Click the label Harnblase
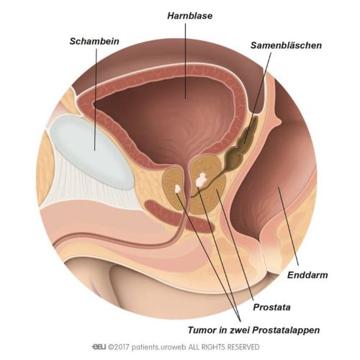[x=190, y=16]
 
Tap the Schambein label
[x=94, y=41]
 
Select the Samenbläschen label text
[x=286, y=45]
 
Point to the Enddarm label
[x=307, y=275]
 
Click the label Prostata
[x=271, y=307]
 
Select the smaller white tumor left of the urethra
[x=177, y=189]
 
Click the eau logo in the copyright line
[x=99, y=347]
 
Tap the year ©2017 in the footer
[x=119, y=347]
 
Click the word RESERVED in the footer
[x=243, y=347]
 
